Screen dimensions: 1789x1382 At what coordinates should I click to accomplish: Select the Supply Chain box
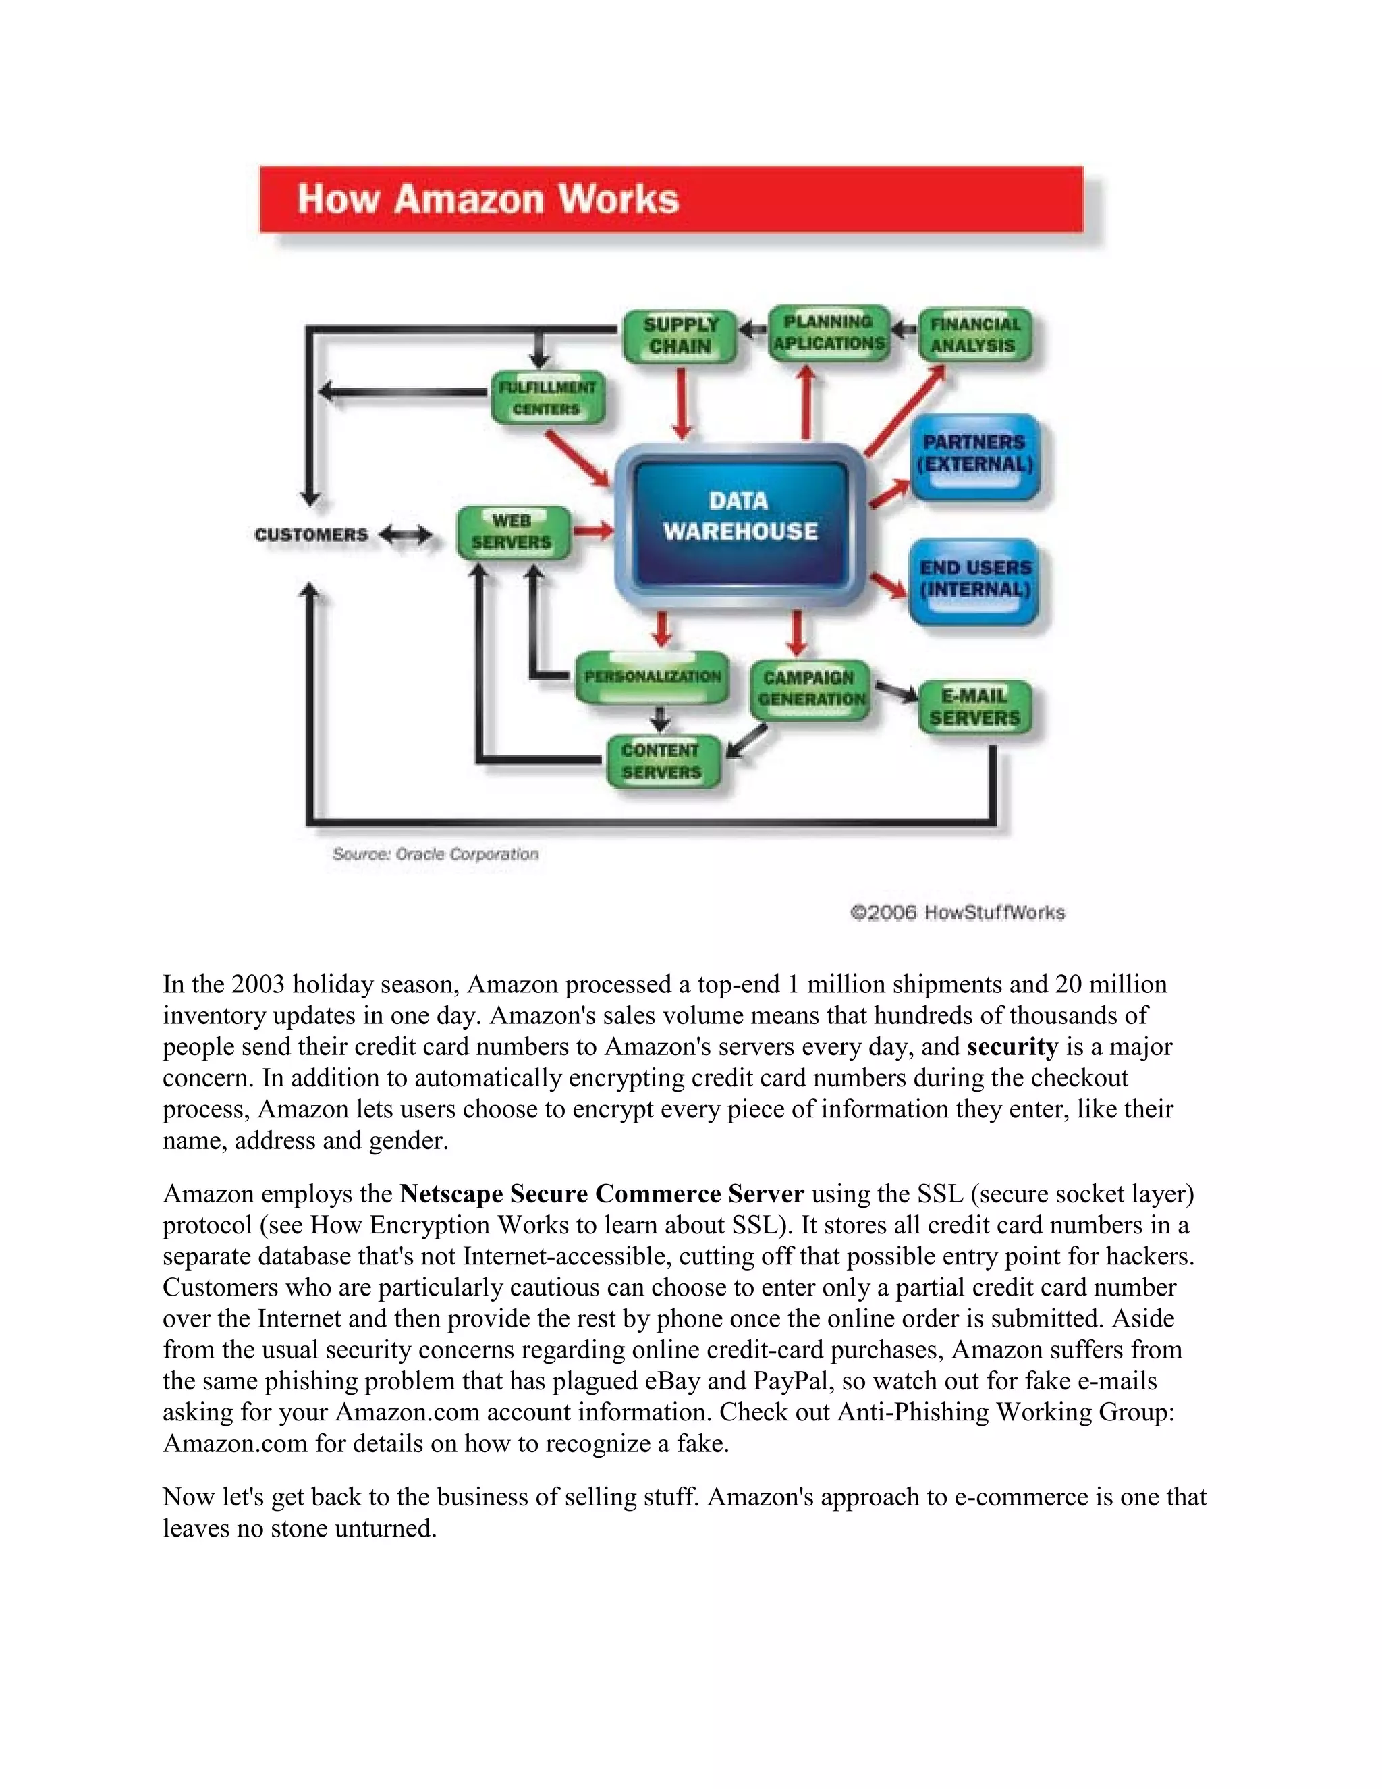coord(680,336)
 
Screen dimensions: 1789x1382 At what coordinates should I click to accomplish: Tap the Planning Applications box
coord(829,333)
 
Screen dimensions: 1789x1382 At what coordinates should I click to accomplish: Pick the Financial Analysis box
coord(974,335)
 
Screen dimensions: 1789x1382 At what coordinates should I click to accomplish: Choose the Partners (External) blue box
coord(974,456)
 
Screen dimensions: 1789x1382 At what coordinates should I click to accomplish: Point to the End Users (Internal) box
coord(974,580)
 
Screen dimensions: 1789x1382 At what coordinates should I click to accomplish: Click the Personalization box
coord(652,676)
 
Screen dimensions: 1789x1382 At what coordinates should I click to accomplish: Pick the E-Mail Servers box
coord(974,707)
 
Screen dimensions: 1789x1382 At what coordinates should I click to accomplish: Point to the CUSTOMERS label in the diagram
coord(311,535)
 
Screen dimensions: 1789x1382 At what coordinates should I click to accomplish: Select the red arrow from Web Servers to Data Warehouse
coord(592,531)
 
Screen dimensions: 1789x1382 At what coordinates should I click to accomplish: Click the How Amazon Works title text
coord(488,200)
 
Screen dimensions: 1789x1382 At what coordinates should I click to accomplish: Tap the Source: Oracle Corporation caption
coord(435,855)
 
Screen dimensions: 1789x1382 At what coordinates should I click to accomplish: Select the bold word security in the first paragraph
coord(1012,1048)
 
